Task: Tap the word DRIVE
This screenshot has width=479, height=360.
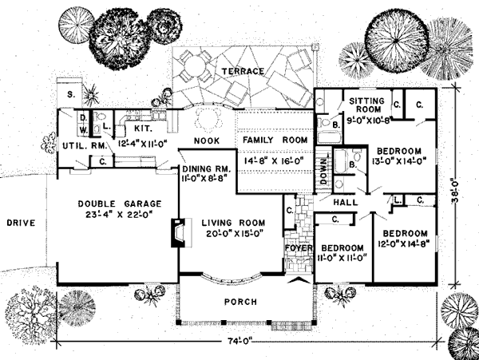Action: coord(18,223)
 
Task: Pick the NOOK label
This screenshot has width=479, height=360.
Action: coord(196,141)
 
